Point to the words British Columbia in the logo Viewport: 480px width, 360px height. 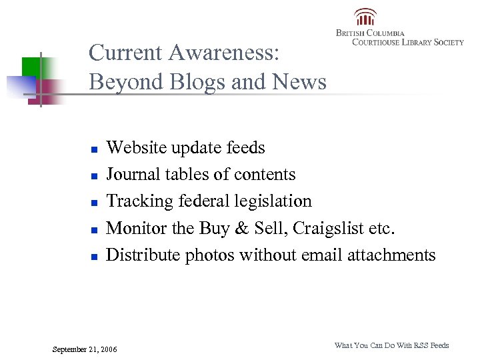[x=370, y=33]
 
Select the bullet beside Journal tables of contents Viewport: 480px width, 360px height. [x=95, y=176]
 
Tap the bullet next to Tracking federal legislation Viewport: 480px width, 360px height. [x=95, y=203]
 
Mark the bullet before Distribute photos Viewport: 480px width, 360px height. [x=95, y=256]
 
